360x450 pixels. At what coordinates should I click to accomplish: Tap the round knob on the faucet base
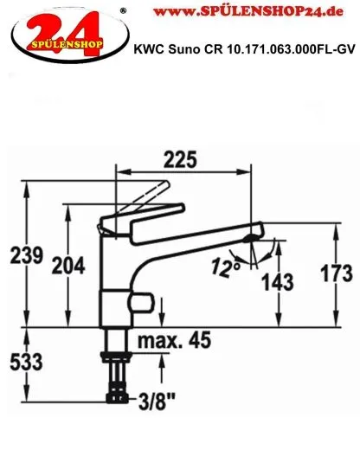point(138,303)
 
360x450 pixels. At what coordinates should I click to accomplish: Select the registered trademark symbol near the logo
point(122,9)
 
